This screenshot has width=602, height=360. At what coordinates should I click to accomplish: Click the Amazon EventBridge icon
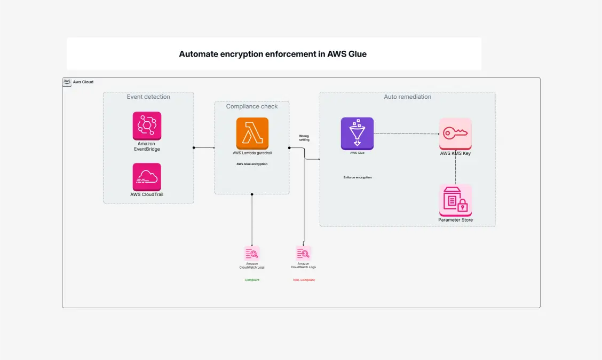point(147,126)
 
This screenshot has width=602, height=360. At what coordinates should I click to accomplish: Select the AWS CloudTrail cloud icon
point(147,177)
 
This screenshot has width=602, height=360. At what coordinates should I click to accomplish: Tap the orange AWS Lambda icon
point(252,134)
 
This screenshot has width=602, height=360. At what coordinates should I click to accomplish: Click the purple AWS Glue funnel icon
point(357,134)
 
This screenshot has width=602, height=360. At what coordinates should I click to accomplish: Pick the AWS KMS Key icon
point(455,134)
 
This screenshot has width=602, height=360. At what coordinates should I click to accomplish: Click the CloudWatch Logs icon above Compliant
point(252,253)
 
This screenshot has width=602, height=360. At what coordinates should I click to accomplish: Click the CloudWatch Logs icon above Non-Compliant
point(303,253)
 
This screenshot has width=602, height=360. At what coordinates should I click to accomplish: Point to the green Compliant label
point(252,280)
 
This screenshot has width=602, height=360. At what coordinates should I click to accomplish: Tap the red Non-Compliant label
point(304,280)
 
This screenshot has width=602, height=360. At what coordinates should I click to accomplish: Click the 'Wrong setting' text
point(304,138)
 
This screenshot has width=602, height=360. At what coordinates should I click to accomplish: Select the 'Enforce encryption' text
point(358,177)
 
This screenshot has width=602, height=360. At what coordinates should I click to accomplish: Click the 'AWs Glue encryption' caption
point(252,164)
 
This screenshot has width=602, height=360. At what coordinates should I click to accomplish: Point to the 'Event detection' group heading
point(148,97)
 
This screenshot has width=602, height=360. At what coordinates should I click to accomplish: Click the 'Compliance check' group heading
point(252,106)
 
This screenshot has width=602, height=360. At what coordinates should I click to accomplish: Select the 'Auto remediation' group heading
point(407,97)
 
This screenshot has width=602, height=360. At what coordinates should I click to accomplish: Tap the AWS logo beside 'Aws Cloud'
point(67,82)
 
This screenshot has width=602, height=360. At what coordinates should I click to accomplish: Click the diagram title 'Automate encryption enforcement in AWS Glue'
point(273,54)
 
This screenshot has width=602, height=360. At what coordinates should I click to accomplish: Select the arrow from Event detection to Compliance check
point(204,147)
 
